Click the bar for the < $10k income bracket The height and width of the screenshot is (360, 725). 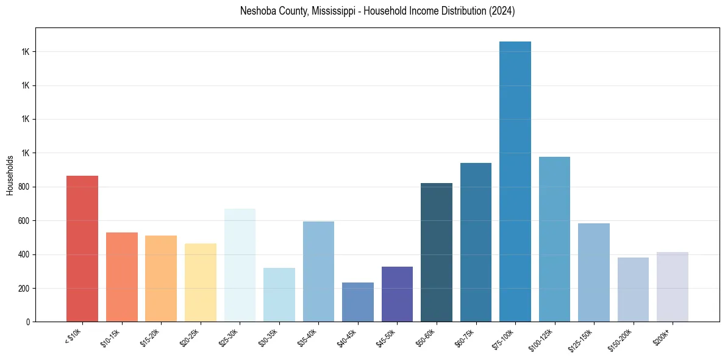click(x=82, y=248)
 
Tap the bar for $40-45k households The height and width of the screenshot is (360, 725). click(x=358, y=302)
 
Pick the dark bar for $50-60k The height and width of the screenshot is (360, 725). click(x=437, y=252)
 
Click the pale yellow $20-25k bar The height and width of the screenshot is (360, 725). click(x=201, y=283)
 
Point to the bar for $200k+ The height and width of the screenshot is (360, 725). click(x=673, y=287)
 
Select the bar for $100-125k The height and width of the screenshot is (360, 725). click(x=554, y=239)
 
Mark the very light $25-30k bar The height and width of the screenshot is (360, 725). click(x=240, y=265)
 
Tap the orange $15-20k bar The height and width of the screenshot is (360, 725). click(x=161, y=278)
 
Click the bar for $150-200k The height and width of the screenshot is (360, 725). click(x=633, y=289)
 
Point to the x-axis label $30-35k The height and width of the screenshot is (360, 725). click(x=268, y=337)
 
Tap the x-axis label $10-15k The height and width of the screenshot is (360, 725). click(x=111, y=337)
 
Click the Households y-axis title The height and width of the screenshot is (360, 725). click(x=10, y=175)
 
